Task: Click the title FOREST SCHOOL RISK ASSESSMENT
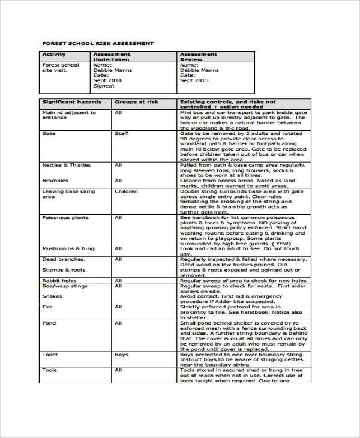coord(97,43)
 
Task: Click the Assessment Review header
coord(199,57)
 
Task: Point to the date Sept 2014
coord(107,80)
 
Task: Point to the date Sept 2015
coord(195,80)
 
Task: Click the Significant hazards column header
coord(68,103)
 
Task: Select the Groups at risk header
coord(133,103)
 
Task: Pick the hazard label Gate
coord(49,134)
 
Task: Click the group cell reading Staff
coord(121,134)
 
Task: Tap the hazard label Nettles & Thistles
coord(66,165)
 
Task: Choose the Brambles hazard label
coord(55,181)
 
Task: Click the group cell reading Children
coord(126,191)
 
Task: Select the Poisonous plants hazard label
coord(65,218)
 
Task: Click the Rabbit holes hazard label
coord(59,280)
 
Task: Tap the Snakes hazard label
coord(52,296)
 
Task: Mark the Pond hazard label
coord(49,323)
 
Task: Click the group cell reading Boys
coord(121,355)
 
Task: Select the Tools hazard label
coord(49,370)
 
